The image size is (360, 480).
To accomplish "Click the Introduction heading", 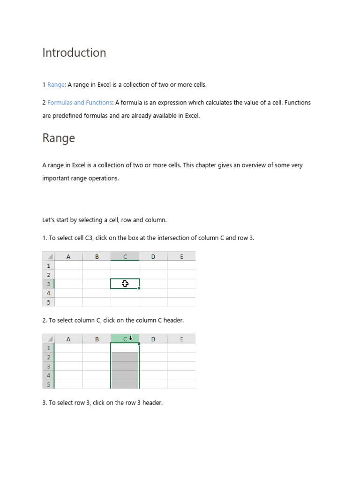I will [74, 52].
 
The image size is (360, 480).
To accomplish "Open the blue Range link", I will [56, 85].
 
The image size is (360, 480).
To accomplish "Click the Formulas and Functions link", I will [80, 103].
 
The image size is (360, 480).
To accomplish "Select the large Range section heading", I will [59, 138].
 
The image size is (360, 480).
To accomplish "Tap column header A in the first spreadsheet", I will [68, 256].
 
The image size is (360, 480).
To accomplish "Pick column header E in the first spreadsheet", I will [181, 256].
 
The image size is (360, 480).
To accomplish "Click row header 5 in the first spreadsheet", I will [48, 302].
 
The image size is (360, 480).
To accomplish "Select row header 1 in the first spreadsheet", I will [48, 265].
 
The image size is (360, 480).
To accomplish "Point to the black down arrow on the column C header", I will [131, 338].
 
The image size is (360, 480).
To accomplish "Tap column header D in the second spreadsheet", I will [153, 339].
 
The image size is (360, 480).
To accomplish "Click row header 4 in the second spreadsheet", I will [48, 375].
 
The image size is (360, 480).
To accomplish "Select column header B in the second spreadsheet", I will [97, 339].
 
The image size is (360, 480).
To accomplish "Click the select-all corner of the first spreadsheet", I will [48, 256].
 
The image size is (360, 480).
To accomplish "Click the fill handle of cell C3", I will [139, 288].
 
